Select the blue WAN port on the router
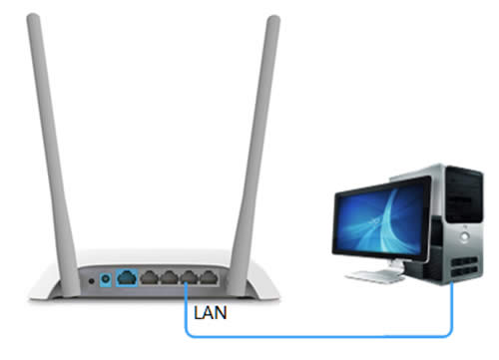[x=128, y=278]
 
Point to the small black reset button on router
[x=93, y=280]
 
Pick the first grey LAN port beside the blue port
[x=148, y=278]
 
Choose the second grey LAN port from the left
[x=168, y=278]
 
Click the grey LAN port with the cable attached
[x=187, y=278]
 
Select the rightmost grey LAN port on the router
[x=207, y=278]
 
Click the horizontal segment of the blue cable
[x=319, y=335]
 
